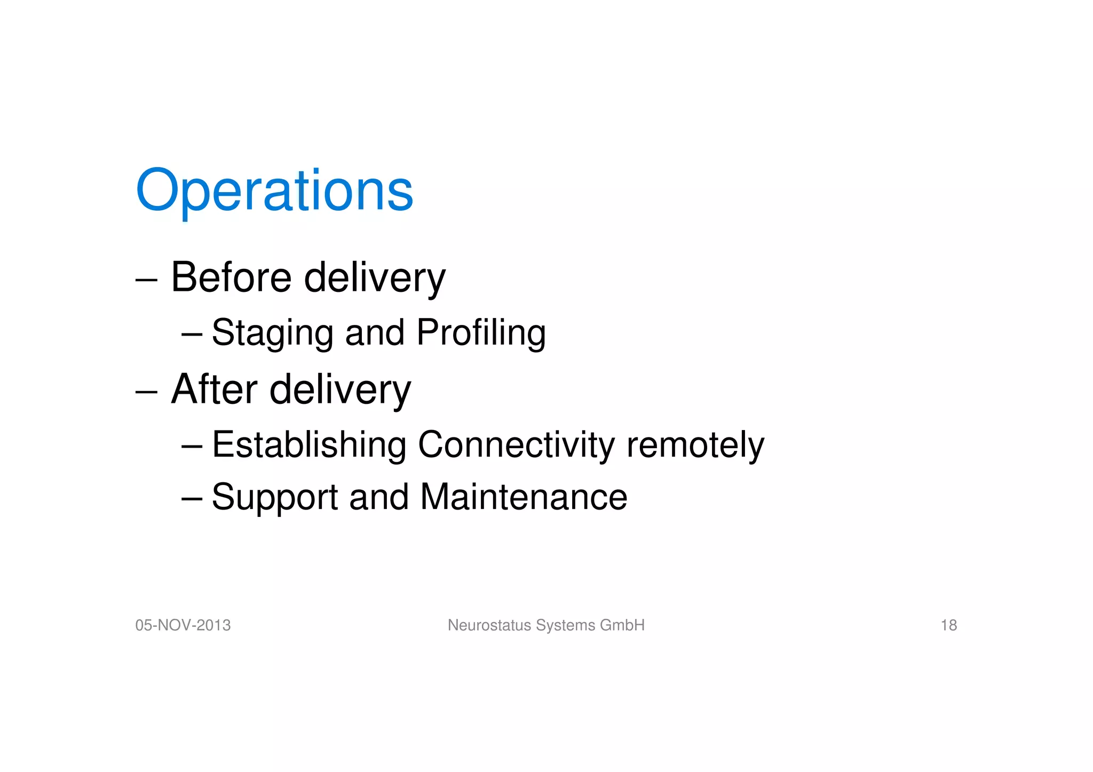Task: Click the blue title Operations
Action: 274,190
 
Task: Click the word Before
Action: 231,277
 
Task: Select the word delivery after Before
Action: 375,278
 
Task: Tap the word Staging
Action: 272,333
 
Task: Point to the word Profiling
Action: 481,333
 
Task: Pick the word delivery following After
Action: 340,390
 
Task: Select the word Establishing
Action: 309,444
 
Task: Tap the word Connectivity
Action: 516,444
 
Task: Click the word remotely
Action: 695,444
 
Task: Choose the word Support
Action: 275,497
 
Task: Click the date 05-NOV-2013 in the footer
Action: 183,625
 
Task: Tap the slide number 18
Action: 948,625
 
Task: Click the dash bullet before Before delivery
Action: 146,280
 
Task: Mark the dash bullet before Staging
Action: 192,335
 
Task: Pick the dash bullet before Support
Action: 192,498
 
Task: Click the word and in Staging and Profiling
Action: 375,333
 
